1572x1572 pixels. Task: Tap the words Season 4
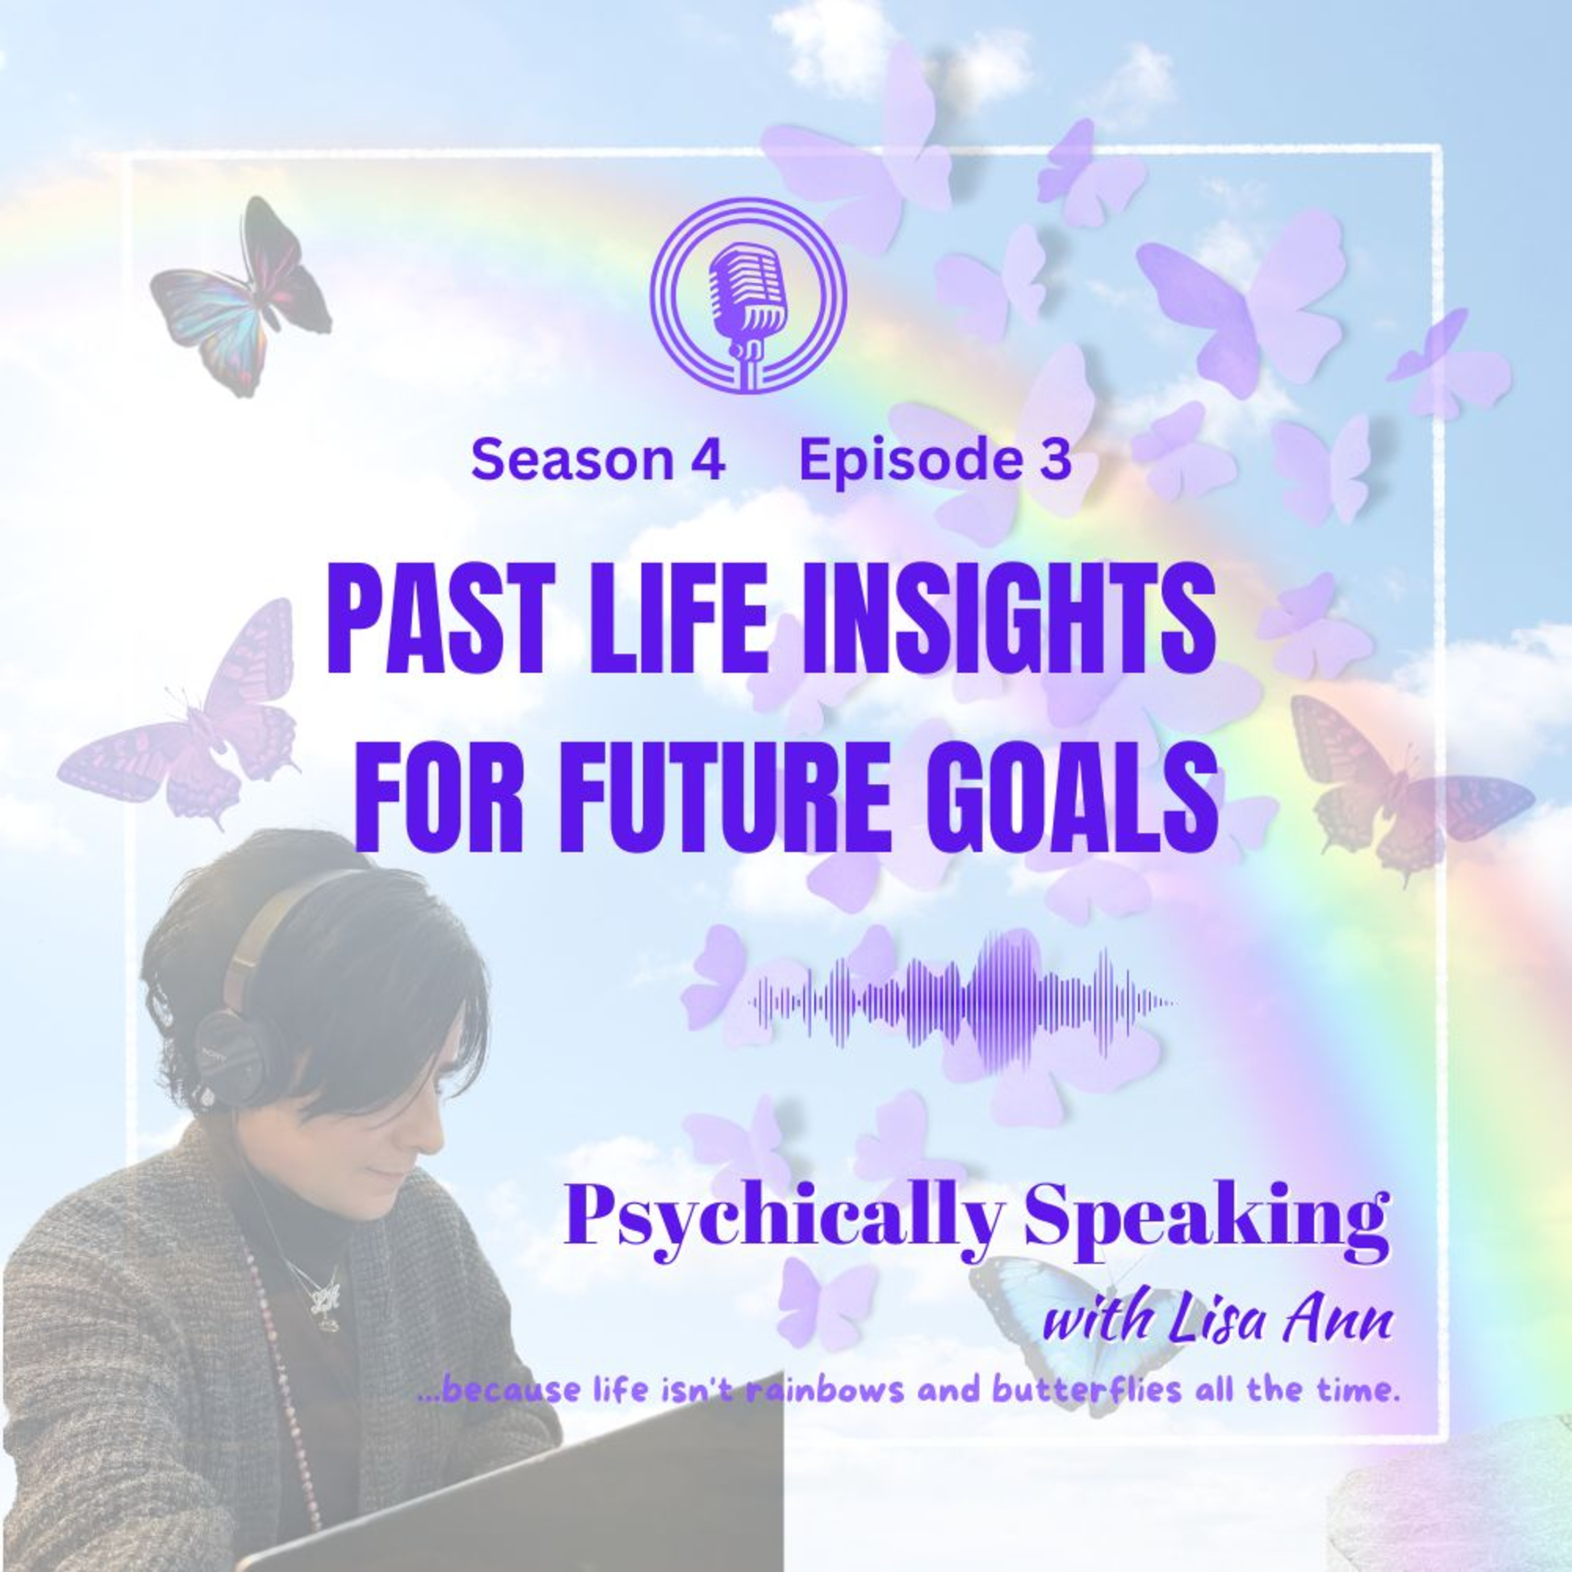tap(597, 461)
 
